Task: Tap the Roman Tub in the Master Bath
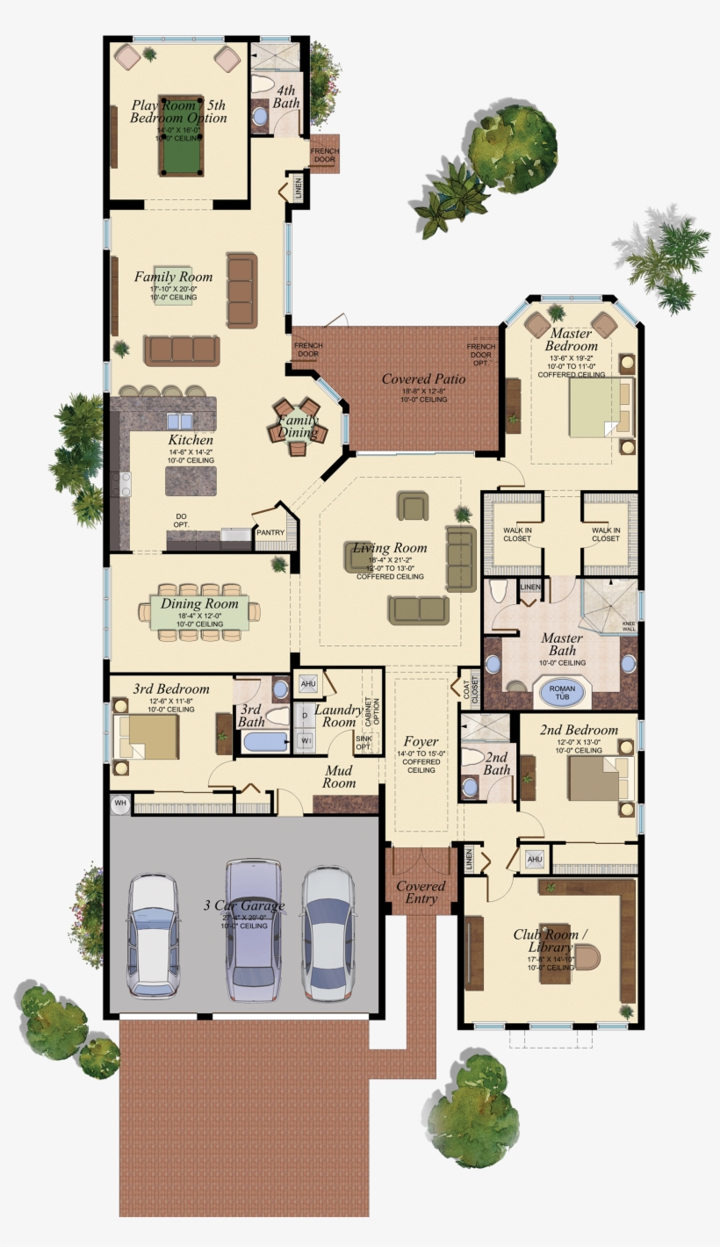[562, 691]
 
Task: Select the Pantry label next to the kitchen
[270, 532]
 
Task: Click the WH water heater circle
[120, 802]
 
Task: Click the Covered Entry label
[421, 892]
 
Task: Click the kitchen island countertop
[190, 479]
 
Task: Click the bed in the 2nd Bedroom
[594, 778]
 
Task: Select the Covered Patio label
[424, 379]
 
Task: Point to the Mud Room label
[339, 776]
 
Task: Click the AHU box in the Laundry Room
[308, 683]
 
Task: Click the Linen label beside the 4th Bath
[299, 188]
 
